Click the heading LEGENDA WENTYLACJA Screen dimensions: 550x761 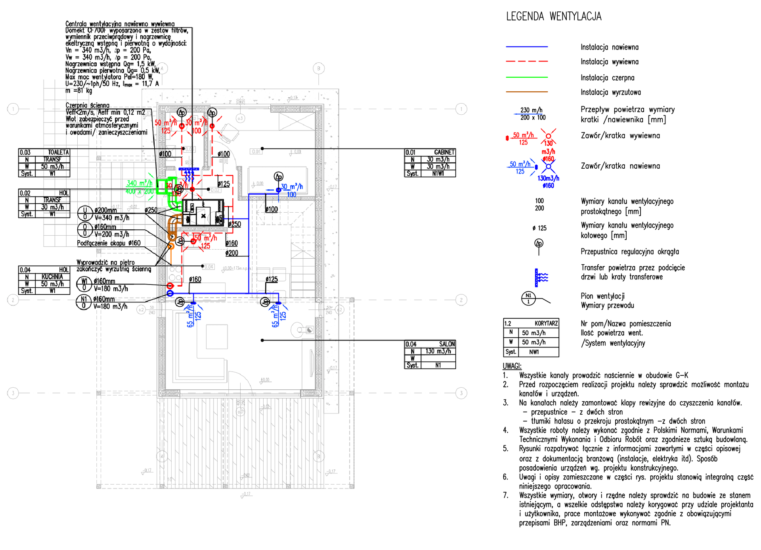click(553, 16)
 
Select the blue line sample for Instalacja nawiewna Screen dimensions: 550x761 click(526, 47)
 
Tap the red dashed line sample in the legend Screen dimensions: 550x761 click(526, 62)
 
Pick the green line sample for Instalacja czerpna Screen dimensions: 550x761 click(526, 77)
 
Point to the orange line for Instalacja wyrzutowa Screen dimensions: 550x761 click(526, 92)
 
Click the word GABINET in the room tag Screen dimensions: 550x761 click(444, 152)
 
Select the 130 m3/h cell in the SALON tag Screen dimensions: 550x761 click(438, 351)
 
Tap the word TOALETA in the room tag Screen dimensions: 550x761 click(58, 152)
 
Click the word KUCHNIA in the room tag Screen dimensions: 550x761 click(52, 277)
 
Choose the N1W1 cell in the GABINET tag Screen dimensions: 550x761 click(438, 173)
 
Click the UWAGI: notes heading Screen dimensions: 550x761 click(512, 366)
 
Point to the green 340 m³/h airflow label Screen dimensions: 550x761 click(139, 183)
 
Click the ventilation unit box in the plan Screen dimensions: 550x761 click(203, 213)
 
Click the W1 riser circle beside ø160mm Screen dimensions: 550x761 click(84, 284)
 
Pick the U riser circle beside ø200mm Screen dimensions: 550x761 click(85, 213)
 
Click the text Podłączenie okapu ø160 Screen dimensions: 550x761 click(109, 243)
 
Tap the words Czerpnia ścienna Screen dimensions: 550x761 click(87, 105)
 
